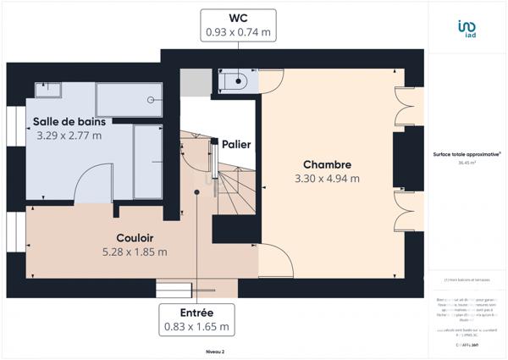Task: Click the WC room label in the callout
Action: [x=238, y=18]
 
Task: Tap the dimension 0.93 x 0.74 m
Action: [x=238, y=33]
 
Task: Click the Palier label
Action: [x=235, y=145]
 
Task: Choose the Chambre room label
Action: [x=327, y=164]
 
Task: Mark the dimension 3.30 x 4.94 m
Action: [x=327, y=179]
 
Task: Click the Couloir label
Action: [x=134, y=239]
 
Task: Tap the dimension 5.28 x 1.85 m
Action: [x=134, y=252]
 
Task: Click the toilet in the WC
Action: [x=234, y=82]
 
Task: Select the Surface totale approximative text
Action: [x=467, y=154]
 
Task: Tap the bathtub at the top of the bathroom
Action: [x=129, y=99]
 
